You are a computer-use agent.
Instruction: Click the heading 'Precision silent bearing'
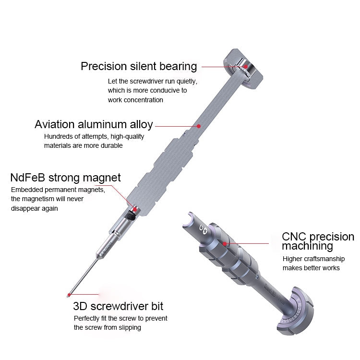[x=139, y=66]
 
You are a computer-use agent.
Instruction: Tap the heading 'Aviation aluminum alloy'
[x=94, y=125]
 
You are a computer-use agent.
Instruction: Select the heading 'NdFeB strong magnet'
[x=65, y=178]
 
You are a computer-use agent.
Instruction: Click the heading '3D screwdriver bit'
[x=118, y=306]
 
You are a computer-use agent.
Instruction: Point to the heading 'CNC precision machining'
[x=317, y=241]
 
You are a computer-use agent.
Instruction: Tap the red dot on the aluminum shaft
[x=198, y=126]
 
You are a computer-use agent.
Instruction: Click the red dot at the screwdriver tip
[x=70, y=294]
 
